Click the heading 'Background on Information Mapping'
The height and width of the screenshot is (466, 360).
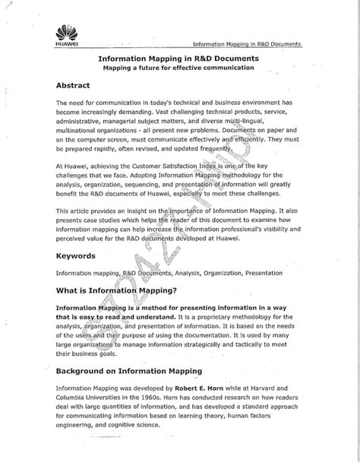[x=129, y=370]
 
